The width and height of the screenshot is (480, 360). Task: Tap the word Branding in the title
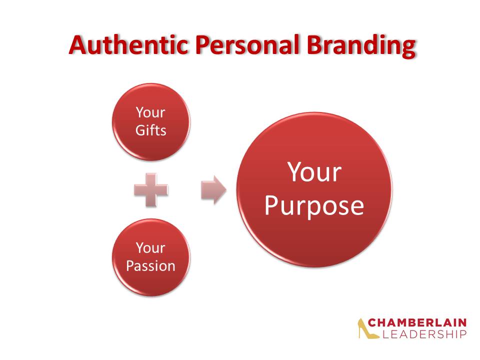coord(361,46)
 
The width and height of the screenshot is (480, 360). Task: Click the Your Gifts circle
coord(151,122)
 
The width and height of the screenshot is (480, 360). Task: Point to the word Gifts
coord(151,130)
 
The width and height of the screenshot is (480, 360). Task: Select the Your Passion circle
coord(151,257)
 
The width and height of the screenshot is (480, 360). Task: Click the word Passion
coord(151,265)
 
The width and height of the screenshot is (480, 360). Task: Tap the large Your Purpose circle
coord(314,189)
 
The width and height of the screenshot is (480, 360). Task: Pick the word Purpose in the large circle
coord(314,206)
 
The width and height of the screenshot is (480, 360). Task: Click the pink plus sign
coord(151,190)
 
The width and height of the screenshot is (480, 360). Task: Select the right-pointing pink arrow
coord(213,190)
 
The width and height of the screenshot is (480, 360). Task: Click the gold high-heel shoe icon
coord(368,328)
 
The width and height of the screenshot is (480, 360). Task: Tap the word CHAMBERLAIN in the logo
coord(417,322)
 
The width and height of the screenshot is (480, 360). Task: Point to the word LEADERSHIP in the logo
coord(424,334)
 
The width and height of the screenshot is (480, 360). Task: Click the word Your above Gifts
coord(150,112)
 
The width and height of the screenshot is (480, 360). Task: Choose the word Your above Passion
coord(150,247)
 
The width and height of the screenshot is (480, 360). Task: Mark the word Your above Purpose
coord(314,172)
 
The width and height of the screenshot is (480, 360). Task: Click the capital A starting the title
coord(78,45)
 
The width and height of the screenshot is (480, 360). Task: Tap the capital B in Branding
coord(314,45)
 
